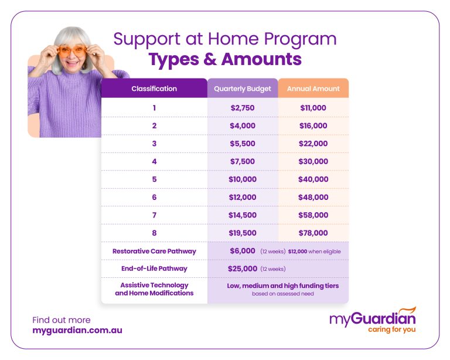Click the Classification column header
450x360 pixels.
(x=154, y=89)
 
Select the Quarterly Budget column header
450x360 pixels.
(x=243, y=89)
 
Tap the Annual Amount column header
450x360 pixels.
(x=313, y=89)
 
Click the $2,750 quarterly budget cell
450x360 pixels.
(x=243, y=108)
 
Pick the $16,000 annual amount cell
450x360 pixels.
(x=313, y=126)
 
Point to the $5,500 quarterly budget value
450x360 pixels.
(x=243, y=144)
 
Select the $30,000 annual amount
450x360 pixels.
(x=313, y=161)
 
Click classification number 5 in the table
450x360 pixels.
(x=154, y=179)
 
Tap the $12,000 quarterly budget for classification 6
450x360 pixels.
(x=243, y=198)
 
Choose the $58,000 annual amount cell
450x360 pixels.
(x=313, y=215)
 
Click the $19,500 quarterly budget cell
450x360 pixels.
(x=243, y=233)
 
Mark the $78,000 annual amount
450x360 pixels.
(x=313, y=233)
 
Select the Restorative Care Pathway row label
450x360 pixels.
(x=154, y=251)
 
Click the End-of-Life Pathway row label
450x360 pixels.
(x=154, y=269)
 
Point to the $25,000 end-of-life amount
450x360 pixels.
(x=243, y=269)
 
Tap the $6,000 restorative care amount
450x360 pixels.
(x=243, y=251)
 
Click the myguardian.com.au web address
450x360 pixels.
(x=77, y=330)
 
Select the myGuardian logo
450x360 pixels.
(x=372, y=320)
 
